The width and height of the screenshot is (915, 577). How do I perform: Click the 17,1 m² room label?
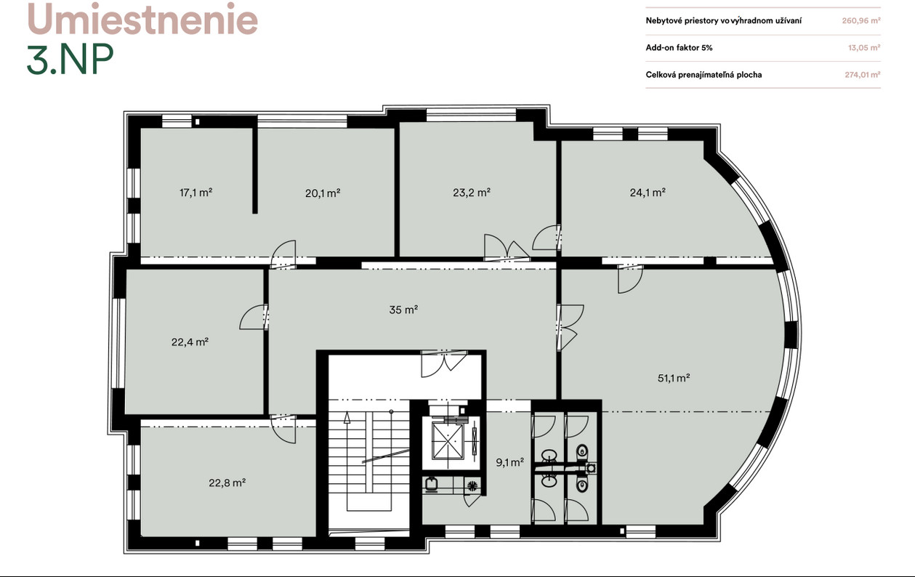point(196,193)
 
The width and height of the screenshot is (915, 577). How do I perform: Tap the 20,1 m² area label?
point(323,193)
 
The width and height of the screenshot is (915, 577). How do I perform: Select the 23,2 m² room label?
point(472,192)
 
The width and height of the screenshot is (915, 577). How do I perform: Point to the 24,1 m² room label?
point(648,192)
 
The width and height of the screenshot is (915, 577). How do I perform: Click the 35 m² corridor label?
point(403,310)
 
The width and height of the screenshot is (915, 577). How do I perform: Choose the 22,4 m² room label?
point(190,342)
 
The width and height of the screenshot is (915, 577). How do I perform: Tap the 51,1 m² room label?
point(674,378)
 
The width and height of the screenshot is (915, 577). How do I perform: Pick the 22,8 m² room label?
point(227,483)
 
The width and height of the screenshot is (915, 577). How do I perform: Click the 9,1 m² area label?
point(509,462)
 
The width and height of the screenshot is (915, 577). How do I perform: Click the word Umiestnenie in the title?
point(142,19)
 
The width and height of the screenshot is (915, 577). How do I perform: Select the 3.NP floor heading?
point(70,59)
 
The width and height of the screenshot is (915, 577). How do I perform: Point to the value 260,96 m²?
point(861,20)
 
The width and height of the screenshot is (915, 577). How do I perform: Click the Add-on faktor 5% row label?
point(679,47)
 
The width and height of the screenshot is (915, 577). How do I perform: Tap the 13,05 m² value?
point(864,47)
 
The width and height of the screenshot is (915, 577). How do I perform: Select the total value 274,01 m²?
point(862,74)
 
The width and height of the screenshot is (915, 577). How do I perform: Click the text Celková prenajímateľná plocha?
point(704,74)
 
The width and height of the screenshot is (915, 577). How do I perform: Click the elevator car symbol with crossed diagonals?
point(448,440)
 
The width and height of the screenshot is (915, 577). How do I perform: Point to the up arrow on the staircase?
point(347,417)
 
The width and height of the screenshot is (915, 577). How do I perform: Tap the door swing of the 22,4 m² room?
point(253,317)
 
